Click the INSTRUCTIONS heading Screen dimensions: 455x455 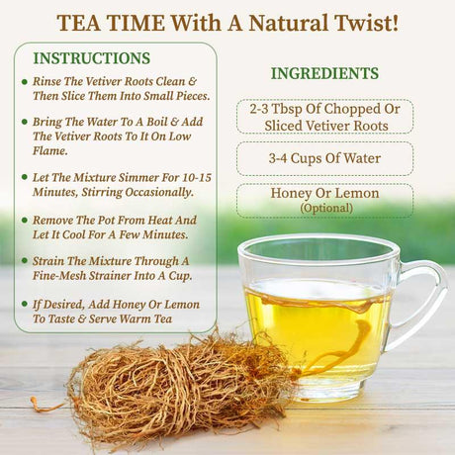(91, 58)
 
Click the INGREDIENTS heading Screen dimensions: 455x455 (324, 74)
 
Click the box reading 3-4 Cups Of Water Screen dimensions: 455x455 (324, 158)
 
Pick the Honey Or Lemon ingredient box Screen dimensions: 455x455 (324, 200)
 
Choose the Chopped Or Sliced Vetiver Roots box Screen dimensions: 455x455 (324, 117)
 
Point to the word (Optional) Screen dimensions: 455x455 (324, 208)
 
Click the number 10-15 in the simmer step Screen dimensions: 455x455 (191, 177)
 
